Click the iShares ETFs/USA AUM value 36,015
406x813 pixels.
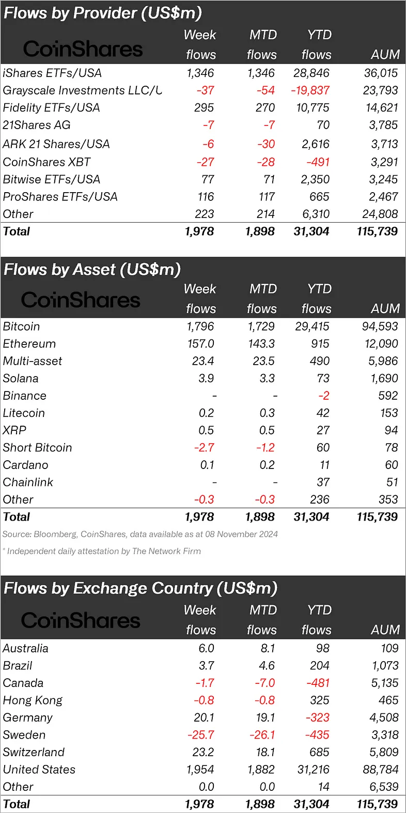tap(381, 73)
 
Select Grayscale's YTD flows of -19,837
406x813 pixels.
tap(310, 90)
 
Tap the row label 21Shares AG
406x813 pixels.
tap(37, 125)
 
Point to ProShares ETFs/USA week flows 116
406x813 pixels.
tap(206, 197)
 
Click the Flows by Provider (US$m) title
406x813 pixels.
tap(103, 13)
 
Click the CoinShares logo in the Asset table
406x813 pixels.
tap(81, 300)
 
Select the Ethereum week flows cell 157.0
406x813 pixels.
tap(200, 344)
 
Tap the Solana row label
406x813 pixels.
tap(21, 379)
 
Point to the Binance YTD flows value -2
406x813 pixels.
tap(323, 396)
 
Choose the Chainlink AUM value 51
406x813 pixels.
tap(392, 482)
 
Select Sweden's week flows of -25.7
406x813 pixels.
tap(201, 735)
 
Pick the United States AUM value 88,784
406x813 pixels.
tap(380, 770)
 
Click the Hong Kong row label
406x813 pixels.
tap(33, 700)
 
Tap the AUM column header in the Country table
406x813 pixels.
tap(385, 630)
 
